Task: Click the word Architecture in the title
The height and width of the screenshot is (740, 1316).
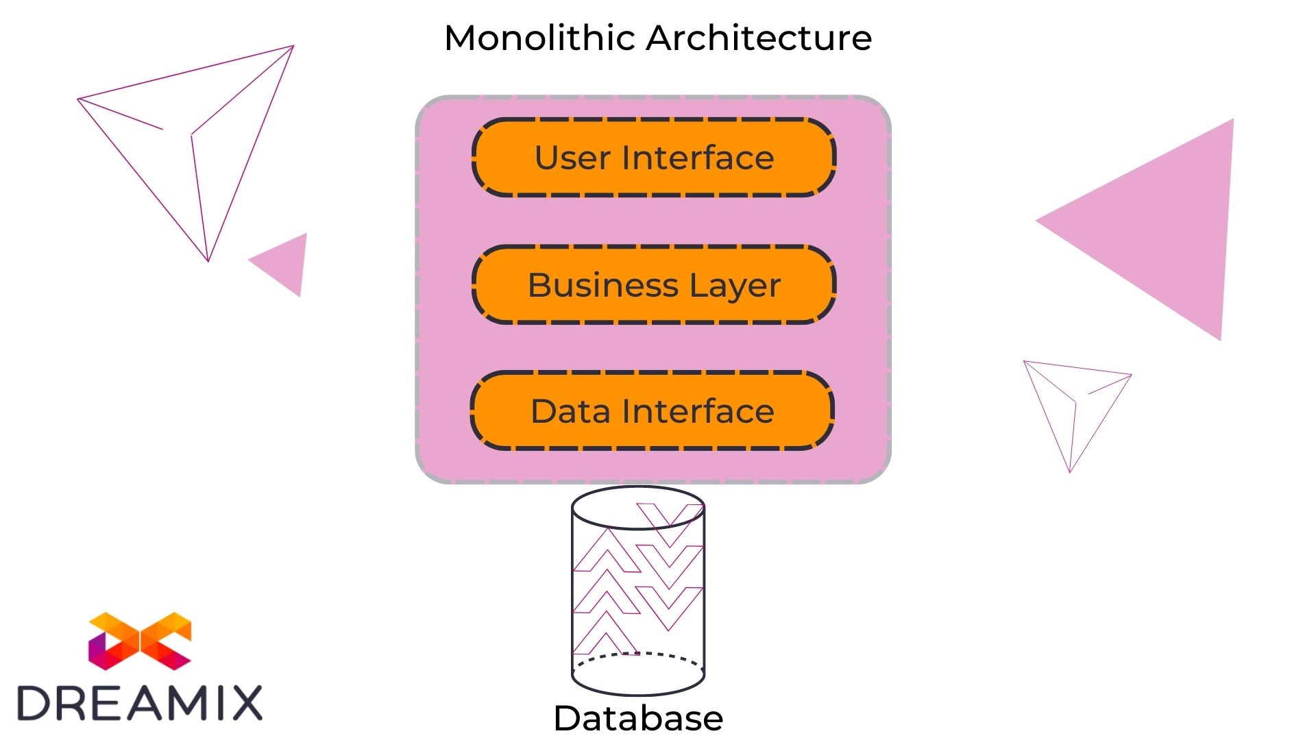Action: [x=759, y=38]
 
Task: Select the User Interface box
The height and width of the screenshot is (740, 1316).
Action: [x=654, y=158]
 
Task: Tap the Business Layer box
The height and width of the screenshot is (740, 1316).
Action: [x=654, y=284]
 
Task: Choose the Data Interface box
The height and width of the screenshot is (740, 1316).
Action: [x=652, y=411]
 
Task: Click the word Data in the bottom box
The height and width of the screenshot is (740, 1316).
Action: [x=570, y=412]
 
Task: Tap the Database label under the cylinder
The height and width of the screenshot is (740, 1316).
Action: [x=638, y=718]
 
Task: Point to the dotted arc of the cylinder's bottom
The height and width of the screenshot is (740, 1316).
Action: [x=638, y=655]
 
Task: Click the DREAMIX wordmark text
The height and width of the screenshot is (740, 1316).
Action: [x=140, y=703]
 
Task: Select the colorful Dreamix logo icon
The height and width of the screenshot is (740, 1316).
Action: [x=140, y=641]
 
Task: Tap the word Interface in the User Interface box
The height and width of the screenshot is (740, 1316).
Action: [x=698, y=158]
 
